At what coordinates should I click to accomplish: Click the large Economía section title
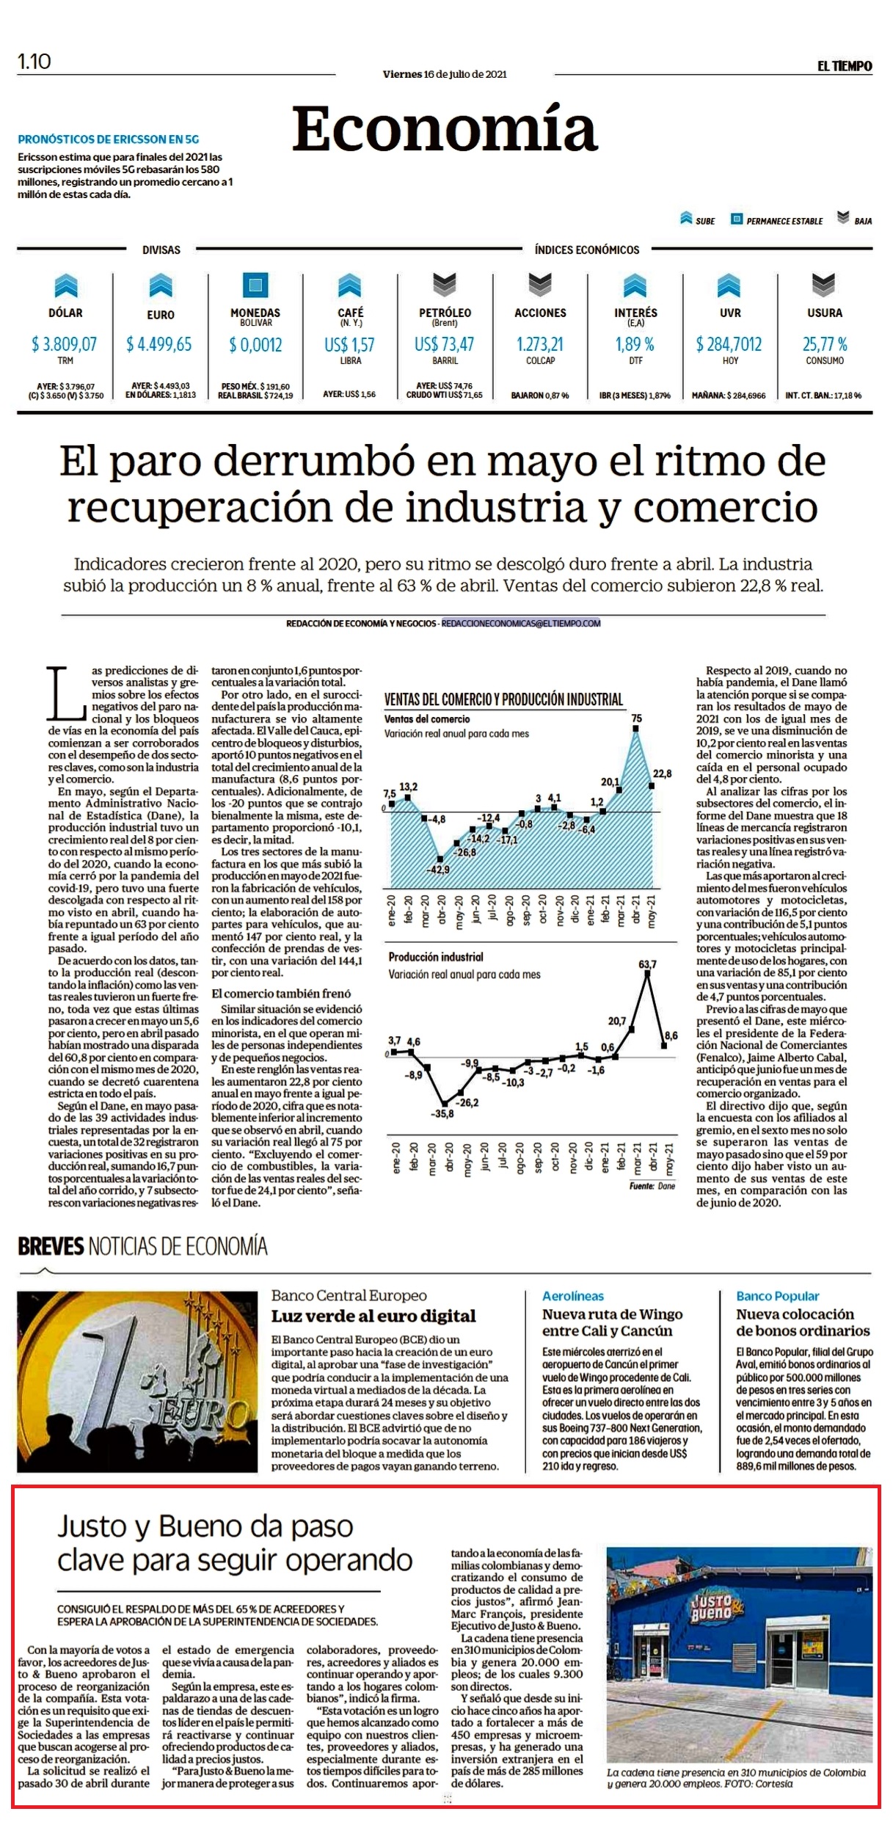coord(445,128)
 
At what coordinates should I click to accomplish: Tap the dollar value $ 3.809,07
coord(65,344)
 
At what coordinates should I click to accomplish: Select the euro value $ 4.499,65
coord(159,344)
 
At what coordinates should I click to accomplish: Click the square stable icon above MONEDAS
coord(255,285)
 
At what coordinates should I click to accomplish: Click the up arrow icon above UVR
coord(729,285)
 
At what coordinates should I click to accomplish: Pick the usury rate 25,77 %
coord(825,344)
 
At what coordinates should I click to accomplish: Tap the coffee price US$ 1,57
coord(350,344)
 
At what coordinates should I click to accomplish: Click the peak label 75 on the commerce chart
coord(636,718)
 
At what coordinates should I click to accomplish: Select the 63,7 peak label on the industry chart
coord(647,964)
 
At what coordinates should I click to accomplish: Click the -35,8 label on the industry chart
coord(442,1113)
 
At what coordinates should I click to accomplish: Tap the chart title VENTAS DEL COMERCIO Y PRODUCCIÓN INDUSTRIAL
coord(503,699)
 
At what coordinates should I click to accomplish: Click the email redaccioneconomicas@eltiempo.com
coord(521,623)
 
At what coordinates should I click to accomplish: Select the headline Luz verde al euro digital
coord(373,1316)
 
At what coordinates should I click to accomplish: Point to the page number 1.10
coord(34,62)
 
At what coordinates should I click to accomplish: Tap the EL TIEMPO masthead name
coord(845,66)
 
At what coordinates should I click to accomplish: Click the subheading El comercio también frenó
coord(281,994)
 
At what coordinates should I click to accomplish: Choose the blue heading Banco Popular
coord(778,1296)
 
